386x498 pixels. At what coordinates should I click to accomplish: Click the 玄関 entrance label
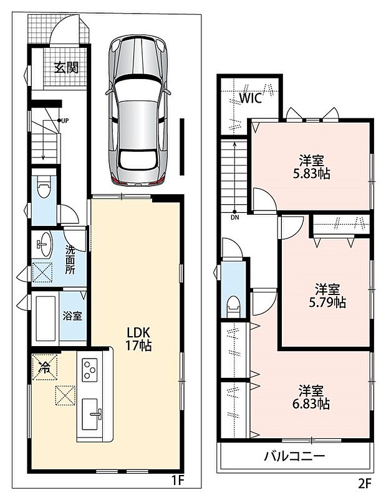coord(66,67)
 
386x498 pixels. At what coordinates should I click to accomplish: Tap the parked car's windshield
coord(137,90)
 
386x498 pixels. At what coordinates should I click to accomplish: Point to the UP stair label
coord(65,120)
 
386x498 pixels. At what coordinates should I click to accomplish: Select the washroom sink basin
coord(44,244)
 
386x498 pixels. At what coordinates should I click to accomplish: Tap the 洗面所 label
coord(70,260)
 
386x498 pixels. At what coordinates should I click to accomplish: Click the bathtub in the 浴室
coord(46,318)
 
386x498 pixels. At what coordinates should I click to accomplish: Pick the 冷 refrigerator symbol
coord(44,367)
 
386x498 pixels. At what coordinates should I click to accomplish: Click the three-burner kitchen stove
coord(90,370)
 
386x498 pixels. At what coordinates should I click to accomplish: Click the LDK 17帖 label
coord(138,339)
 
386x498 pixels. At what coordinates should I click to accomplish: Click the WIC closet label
coord(251,98)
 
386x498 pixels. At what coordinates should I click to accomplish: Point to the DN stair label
coord(235,218)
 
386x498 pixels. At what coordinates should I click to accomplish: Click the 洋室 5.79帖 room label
coord(327,296)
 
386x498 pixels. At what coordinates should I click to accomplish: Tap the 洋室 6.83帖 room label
coord(311,397)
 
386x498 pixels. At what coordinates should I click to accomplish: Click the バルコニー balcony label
coord(295,456)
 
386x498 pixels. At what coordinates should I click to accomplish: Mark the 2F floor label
coord(365,484)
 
